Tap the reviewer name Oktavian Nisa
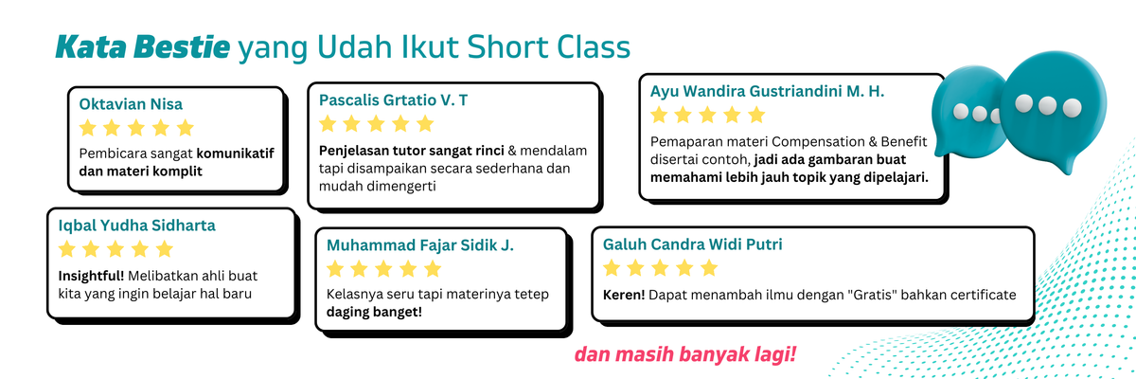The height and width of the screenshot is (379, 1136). coord(132,104)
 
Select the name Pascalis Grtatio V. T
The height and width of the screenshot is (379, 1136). coord(393,99)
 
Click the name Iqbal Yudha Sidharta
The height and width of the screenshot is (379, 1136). coord(137,226)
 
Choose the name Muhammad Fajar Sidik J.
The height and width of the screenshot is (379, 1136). coord(419,244)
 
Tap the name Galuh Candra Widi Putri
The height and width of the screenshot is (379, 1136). coord(692,244)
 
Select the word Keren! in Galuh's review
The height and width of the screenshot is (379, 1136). coord(624,295)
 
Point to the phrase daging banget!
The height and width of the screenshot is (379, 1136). coord(374,312)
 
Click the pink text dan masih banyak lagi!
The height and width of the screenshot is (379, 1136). coord(685,355)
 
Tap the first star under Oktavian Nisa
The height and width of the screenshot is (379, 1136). coord(88,128)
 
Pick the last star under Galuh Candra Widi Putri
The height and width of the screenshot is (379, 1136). coord(708,267)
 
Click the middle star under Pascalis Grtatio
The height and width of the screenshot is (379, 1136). coord(376,123)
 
